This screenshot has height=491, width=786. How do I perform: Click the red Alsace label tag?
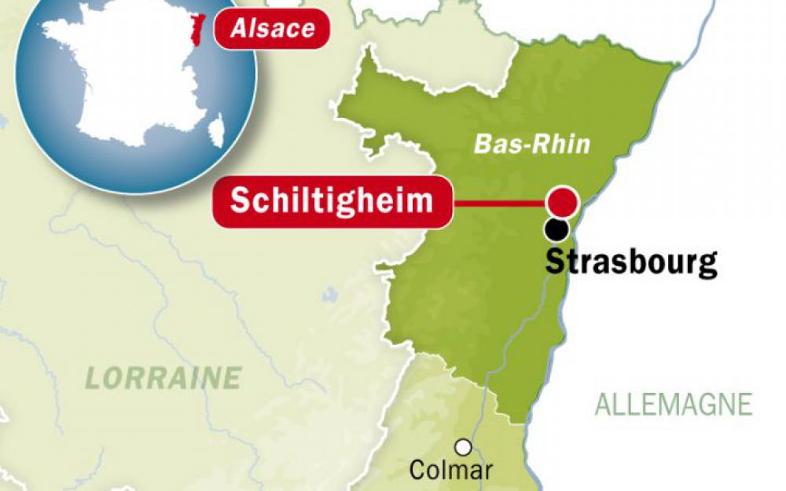[x=272, y=29]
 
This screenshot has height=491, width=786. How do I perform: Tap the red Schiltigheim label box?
[x=332, y=201]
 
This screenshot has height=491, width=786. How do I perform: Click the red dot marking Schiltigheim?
[x=563, y=202]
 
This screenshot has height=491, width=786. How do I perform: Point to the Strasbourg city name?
[x=630, y=262]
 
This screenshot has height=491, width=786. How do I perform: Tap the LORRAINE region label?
[x=163, y=378]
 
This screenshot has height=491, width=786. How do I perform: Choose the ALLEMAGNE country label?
[x=674, y=405]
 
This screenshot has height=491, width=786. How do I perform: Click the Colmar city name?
[x=451, y=471]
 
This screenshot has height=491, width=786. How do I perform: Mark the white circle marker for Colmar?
[x=464, y=447]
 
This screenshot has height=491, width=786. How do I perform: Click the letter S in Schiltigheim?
[x=238, y=201]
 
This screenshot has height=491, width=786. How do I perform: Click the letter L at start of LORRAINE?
[x=93, y=378]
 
